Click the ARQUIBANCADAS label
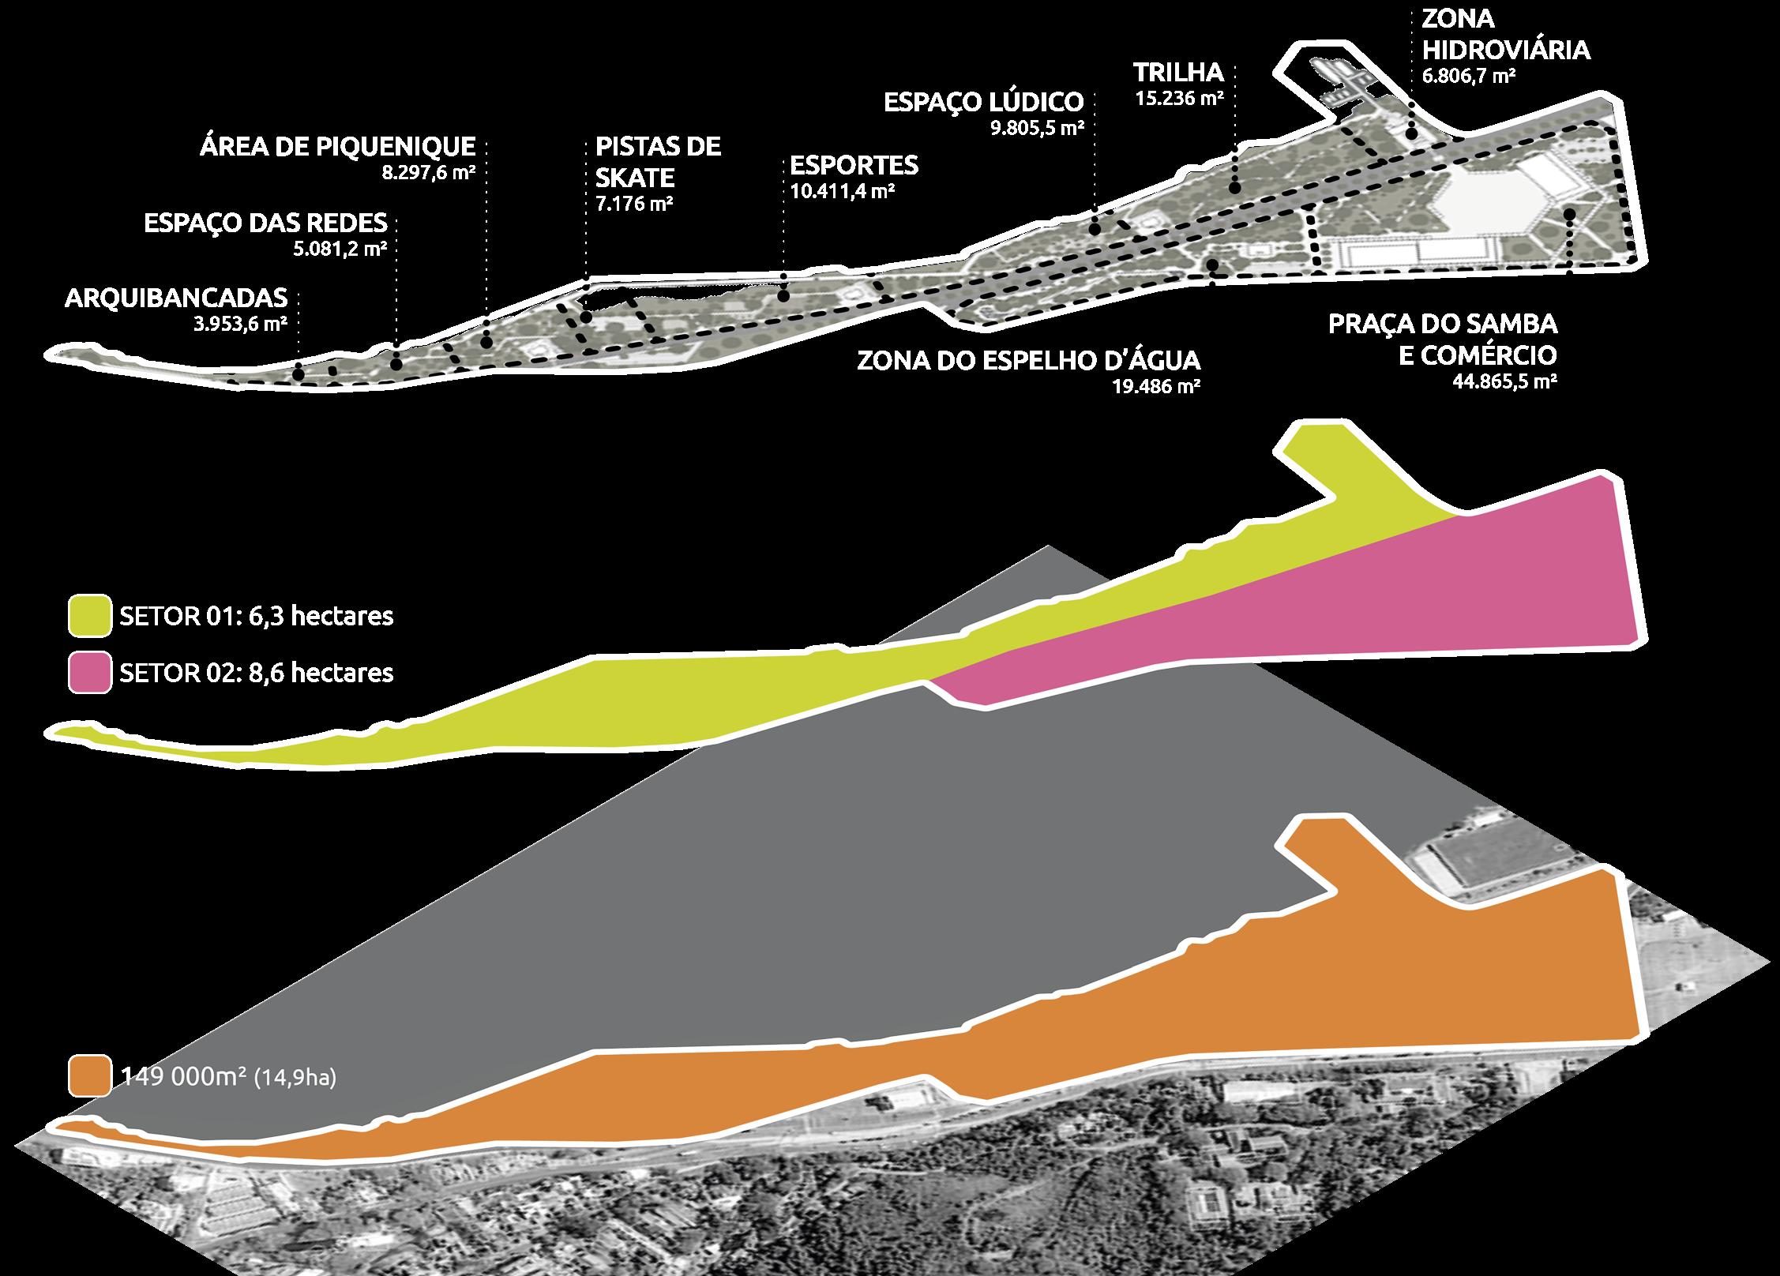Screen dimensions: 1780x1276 click(x=176, y=298)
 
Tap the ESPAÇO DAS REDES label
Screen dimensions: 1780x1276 click(x=265, y=223)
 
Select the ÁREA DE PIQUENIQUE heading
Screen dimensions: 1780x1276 click(x=338, y=146)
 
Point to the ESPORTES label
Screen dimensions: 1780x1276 click(x=854, y=165)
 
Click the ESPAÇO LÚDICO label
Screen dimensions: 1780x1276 click(x=983, y=102)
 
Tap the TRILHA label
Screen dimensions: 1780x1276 click(x=1178, y=73)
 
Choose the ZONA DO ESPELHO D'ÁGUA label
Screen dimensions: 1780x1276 click(x=1028, y=361)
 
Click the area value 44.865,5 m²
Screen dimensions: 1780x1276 click(x=1504, y=382)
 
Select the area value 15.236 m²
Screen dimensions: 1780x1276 click(x=1180, y=99)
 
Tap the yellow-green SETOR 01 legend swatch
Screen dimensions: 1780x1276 click(x=90, y=616)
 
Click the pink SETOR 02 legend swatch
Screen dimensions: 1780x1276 click(x=90, y=673)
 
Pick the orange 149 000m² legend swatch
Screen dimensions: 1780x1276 click(x=90, y=1076)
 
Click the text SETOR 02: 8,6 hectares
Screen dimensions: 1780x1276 click(x=257, y=673)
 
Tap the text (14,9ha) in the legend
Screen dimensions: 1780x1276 click(x=295, y=1078)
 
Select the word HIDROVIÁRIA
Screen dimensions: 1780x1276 click(x=1506, y=50)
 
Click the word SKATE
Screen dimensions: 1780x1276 click(x=635, y=177)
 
